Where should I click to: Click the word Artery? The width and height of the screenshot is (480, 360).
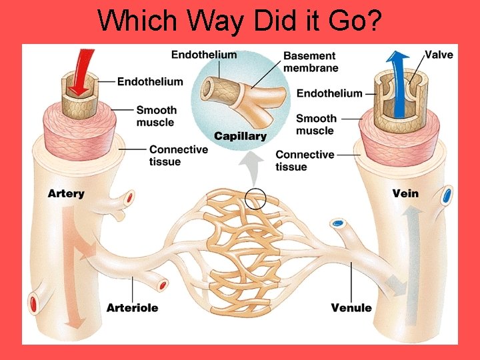(66, 193)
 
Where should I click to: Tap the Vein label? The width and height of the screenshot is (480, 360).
(405, 193)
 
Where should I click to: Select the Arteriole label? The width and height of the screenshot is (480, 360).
(132, 308)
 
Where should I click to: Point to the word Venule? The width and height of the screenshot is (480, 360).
(351, 308)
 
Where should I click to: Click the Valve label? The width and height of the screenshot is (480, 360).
(439, 55)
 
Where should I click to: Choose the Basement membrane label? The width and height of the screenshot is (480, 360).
(311, 61)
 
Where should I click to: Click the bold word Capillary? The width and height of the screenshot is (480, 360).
(240, 136)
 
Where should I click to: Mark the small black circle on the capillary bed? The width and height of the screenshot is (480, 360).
(255, 198)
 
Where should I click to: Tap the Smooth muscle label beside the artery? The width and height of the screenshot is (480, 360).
(156, 116)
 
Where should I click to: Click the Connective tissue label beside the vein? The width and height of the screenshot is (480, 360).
(305, 160)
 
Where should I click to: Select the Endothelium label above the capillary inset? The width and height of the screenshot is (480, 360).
(204, 55)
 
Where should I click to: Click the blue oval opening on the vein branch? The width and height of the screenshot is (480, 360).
(447, 195)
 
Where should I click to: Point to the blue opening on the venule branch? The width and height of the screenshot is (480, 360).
(339, 223)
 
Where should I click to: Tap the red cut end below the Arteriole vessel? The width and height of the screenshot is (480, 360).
(162, 285)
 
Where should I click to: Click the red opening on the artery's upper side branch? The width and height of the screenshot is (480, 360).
(129, 198)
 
